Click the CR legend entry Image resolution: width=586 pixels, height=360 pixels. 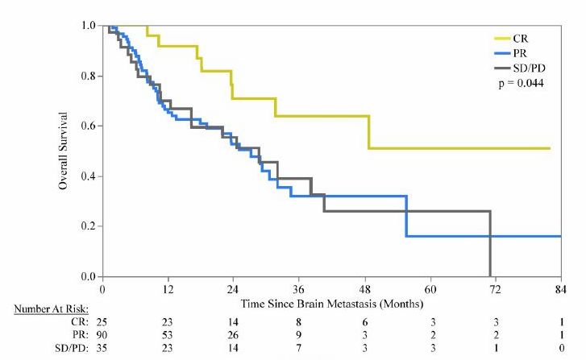click(511, 39)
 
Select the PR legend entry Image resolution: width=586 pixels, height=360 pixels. click(510, 53)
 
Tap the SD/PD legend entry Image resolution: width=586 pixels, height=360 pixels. click(520, 68)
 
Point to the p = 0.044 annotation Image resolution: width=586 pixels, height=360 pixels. click(521, 83)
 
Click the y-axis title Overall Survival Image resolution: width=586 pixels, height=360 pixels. click(63, 151)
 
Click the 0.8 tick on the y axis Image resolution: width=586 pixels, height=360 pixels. click(89, 76)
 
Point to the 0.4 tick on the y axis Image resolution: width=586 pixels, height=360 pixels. click(89, 176)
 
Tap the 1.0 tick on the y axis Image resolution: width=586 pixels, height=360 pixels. click(89, 26)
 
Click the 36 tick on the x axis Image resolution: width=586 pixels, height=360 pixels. click(298, 289)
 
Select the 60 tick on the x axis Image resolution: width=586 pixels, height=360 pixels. click(430, 289)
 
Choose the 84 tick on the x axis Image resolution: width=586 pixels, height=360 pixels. click(560, 289)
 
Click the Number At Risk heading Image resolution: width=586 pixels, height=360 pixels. click(52, 309)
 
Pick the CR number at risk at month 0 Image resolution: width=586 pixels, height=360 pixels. click(102, 322)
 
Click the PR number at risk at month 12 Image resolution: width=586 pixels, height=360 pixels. click(168, 335)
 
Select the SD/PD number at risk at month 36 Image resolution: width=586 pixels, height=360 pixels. click(298, 348)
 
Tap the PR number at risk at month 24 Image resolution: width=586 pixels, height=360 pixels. click(233, 335)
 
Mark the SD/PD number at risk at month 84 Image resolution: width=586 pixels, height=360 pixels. click(561, 348)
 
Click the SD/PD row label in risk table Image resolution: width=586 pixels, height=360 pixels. click(72, 348)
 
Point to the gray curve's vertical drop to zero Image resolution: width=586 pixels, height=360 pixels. click(489, 244)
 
